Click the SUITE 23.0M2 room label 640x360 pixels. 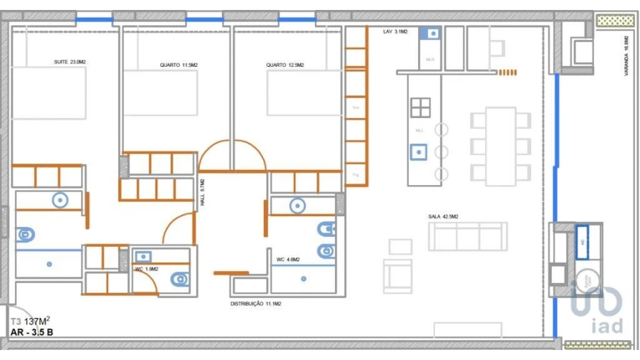point(70,62)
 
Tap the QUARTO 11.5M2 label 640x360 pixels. point(178,65)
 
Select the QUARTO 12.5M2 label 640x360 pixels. point(284,65)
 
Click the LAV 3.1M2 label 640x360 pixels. point(395,31)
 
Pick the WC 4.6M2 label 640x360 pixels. point(288,260)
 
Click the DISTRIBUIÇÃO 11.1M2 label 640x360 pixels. point(256,304)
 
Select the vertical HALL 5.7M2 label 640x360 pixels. point(202,192)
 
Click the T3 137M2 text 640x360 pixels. point(30,321)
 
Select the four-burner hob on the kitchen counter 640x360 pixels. point(420,107)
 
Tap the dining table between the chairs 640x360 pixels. point(501,146)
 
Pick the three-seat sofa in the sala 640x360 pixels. point(467,236)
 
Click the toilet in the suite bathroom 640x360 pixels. point(25,234)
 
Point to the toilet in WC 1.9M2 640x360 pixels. point(181,280)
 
